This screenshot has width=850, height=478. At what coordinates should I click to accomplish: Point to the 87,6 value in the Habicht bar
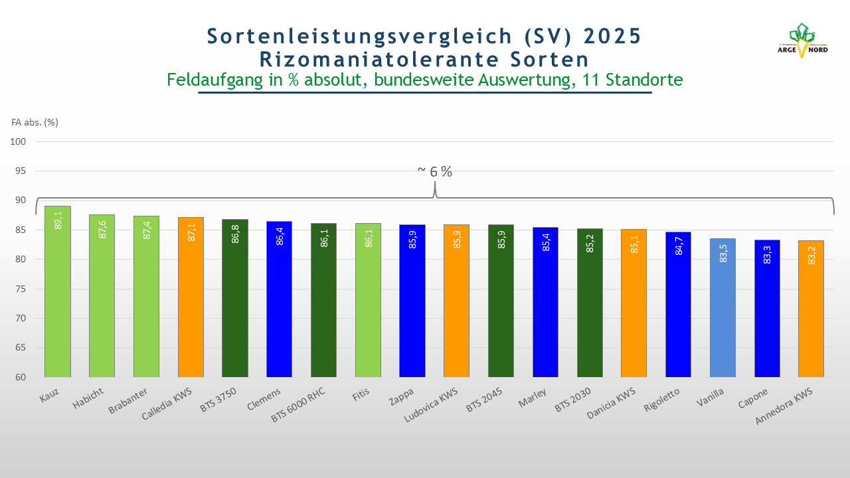[x=102, y=229]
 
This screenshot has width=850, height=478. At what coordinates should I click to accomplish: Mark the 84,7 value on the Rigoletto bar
[x=679, y=246]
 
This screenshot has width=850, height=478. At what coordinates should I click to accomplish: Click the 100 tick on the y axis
[x=18, y=141]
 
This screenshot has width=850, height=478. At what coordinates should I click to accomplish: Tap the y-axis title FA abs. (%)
[x=35, y=122]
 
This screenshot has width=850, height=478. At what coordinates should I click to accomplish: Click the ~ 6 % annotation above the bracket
[x=435, y=171]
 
